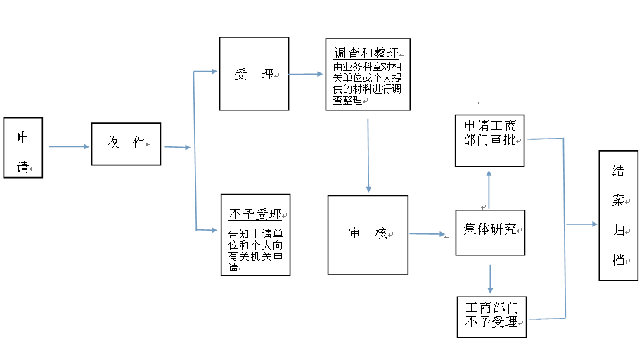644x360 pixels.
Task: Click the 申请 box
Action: point(23,148)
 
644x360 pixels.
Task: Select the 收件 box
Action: point(126,144)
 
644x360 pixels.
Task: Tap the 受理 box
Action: point(255,74)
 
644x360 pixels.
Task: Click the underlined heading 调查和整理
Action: point(366,53)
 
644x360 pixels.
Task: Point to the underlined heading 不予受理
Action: point(255,214)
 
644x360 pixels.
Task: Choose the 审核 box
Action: point(368,235)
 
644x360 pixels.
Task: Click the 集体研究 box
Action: point(491,232)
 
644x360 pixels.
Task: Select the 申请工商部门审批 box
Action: point(489,141)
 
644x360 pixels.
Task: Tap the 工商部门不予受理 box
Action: point(491,317)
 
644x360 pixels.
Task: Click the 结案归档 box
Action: point(619,216)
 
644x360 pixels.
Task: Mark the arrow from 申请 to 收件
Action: point(69,146)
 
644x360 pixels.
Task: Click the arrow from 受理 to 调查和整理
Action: point(306,74)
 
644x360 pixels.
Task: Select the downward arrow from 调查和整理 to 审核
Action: point(368,155)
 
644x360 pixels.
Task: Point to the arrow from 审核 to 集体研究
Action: point(427,234)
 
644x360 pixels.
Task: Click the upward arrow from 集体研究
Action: point(489,189)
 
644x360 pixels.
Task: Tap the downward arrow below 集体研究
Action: point(490,279)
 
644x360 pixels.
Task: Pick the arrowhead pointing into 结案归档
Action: point(594,224)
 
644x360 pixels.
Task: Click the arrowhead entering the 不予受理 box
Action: point(214,230)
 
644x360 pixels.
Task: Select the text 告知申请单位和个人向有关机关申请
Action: point(255,251)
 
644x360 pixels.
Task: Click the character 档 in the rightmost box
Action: point(618,259)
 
